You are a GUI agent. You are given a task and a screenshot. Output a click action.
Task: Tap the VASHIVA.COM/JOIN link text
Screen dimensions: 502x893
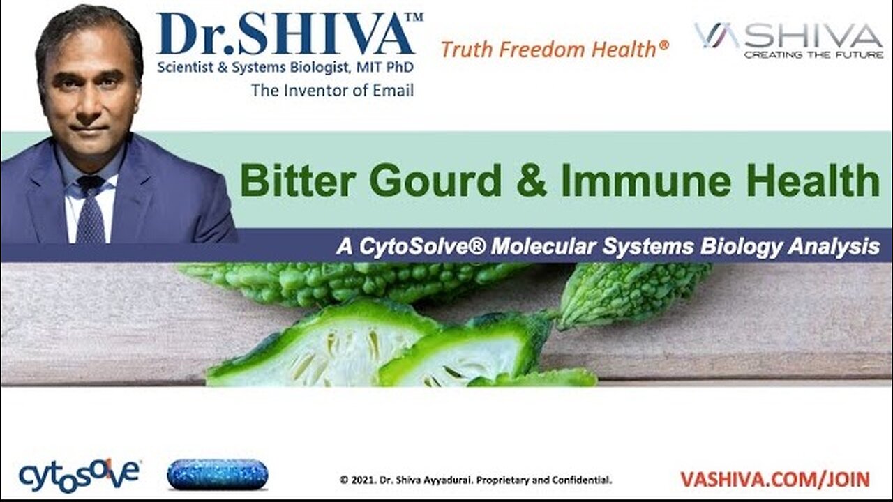[x=774, y=480]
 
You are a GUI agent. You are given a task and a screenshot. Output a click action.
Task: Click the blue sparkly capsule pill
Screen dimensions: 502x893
[x=217, y=475]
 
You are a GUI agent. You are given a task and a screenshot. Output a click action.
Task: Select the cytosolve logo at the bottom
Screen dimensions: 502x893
[x=79, y=475]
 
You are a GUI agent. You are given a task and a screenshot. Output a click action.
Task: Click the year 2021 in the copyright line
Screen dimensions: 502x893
[x=361, y=480]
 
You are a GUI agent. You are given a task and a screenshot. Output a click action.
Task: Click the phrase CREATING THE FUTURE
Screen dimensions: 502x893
[x=813, y=54]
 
